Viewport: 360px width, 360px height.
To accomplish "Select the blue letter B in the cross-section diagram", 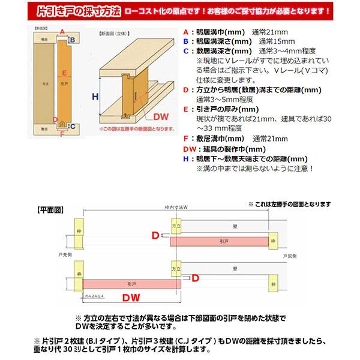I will point(73,41).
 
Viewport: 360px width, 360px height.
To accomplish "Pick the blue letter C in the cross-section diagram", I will point(72,126).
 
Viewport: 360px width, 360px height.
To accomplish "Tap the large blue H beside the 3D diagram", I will point(95,96).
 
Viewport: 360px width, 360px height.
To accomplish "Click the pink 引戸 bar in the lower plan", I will point(132,282).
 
